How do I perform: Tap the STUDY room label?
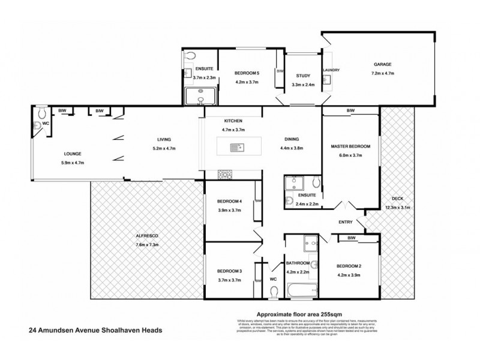tap(302, 76)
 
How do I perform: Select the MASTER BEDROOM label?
tap(351, 146)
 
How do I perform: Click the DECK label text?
tap(398, 200)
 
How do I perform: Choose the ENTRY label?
tap(346, 222)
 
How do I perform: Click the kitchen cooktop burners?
tap(226, 174)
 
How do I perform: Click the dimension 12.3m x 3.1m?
tap(398, 208)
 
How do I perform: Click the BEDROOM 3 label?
tap(230, 272)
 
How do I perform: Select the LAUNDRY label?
tap(331, 71)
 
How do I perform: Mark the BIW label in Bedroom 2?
tap(351, 238)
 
